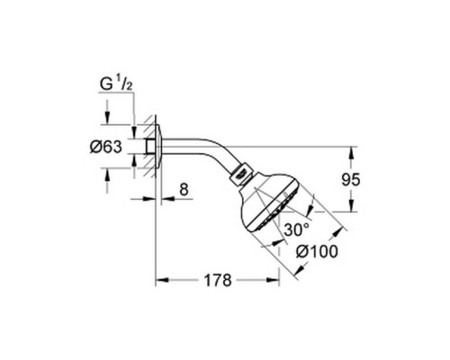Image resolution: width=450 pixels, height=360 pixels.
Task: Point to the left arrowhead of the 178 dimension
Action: (160, 281)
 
